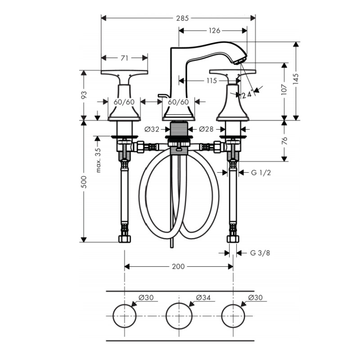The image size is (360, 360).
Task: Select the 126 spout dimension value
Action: [215, 31]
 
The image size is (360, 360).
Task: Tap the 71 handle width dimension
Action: [125, 58]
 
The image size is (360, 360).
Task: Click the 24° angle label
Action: [247, 95]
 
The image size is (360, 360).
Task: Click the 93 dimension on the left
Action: [84, 95]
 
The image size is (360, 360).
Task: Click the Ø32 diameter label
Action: [152, 129]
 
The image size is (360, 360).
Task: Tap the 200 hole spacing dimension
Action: [178, 266]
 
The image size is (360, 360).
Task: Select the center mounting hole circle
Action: [179, 315]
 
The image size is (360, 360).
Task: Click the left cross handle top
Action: [124, 73]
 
